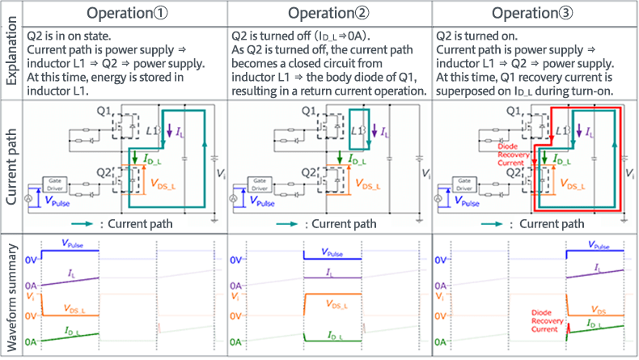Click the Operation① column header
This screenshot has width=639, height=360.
point(125,15)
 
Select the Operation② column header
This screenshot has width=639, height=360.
point(329,15)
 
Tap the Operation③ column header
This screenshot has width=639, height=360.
point(534,15)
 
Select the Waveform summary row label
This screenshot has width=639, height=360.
point(11,295)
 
